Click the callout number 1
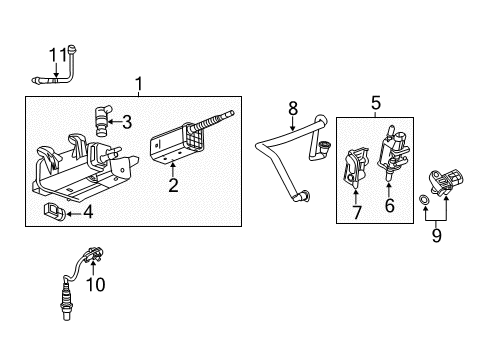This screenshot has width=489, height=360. click(x=139, y=83)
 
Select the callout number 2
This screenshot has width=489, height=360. click(x=172, y=185)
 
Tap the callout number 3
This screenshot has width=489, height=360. click(x=127, y=123)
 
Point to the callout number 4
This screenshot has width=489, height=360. click(x=88, y=212)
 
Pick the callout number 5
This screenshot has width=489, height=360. click(x=376, y=101)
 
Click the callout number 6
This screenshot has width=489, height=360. click(x=390, y=206)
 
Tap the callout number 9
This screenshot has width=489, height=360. click(x=436, y=237)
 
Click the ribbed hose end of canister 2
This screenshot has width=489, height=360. click(x=214, y=119)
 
